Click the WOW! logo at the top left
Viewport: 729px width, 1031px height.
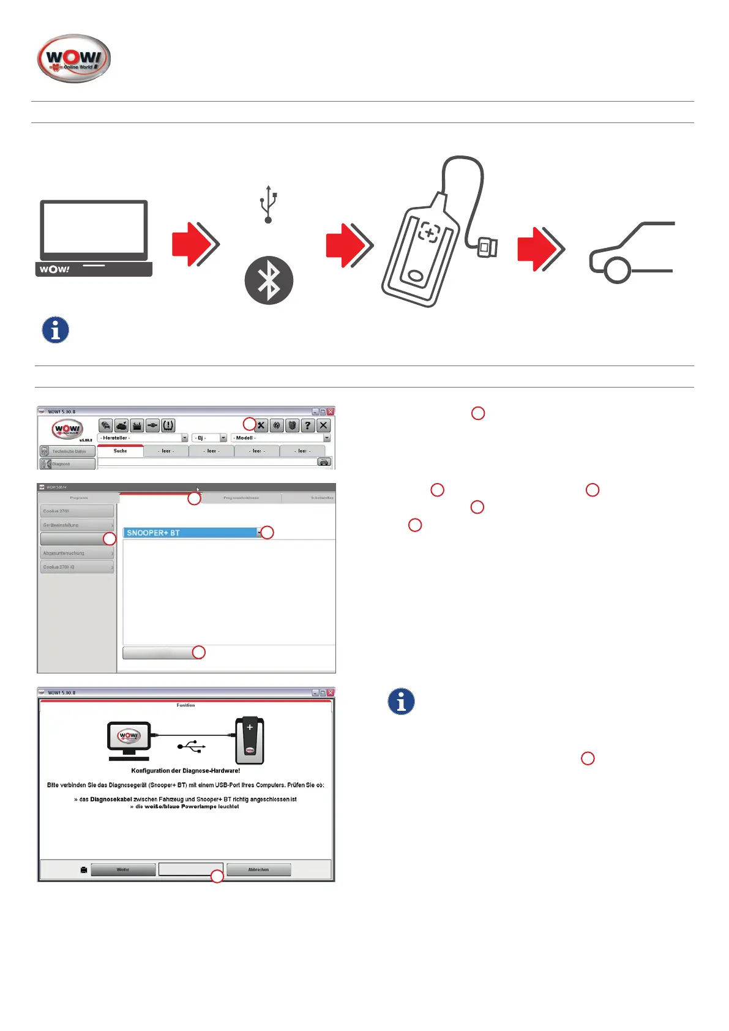(x=74, y=59)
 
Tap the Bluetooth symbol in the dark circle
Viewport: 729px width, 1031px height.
(x=269, y=280)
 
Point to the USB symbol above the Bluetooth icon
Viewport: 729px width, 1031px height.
(x=268, y=204)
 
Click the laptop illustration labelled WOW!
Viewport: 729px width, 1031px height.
(x=94, y=238)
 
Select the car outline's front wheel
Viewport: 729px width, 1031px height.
(x=617, y=270)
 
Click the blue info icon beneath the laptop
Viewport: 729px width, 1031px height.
(x=55, y=330)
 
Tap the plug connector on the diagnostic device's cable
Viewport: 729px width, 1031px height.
(x=488, y=248)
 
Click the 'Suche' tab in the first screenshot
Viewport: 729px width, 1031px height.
(x=120, y=451)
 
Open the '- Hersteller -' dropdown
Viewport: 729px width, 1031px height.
(x=143, y=438)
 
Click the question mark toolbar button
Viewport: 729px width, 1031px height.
(x=308, y=425)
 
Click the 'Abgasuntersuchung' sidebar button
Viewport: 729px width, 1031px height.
(x=77, y=553)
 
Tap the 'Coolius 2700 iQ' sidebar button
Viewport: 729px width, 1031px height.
(x=77, y=567)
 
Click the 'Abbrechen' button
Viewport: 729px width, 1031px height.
(x=258, y=869)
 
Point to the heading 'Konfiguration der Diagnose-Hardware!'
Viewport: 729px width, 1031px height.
(x=185, y=771)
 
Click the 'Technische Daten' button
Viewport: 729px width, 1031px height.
(x=68, y=451)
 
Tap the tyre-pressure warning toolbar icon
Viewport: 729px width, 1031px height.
(x=168, y=425)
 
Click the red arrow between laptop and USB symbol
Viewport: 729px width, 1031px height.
(x=195, y=244)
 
